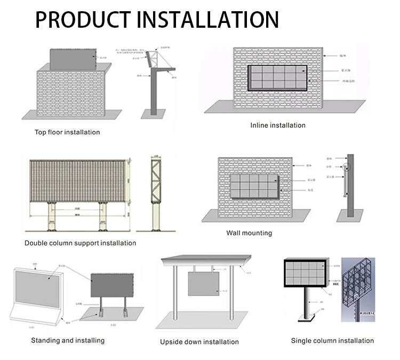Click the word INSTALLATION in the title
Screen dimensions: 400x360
[x=208, y=19]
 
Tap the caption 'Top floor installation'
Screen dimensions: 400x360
[x=67, y=132]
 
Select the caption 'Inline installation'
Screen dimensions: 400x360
[x=278, y=125]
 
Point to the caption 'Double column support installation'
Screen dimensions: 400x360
[x=80, y=243]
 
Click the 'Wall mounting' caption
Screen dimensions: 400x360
[x=249, y=233]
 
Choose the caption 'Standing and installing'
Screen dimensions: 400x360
[x=68, y=340]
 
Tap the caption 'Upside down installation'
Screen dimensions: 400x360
[x=199, y=342]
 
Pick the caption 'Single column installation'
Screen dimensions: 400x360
[x=332, y=340]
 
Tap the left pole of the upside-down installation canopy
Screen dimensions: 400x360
[x=174, y=299]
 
